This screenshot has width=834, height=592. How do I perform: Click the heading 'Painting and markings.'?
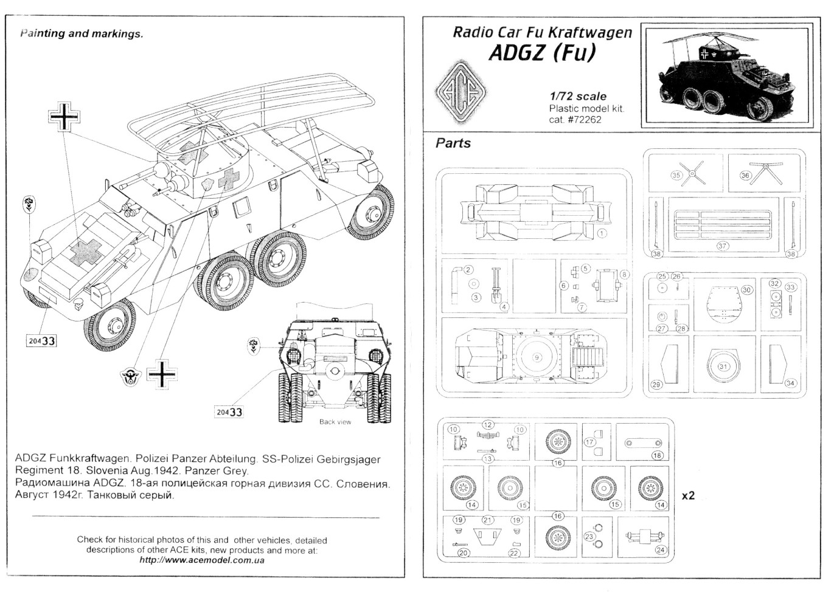pos(82,33)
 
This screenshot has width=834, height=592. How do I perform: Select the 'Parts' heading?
pos(453,143)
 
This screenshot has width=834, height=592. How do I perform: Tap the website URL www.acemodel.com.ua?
pos(201,560)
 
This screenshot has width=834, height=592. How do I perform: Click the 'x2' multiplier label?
pos(688,496)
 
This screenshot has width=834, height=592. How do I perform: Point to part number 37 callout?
pos(722,246)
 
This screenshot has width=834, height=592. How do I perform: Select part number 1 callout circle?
pos(602,233)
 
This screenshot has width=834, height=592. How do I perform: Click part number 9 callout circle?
pos(537,357)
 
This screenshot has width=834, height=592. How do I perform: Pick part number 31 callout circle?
pos(724,367)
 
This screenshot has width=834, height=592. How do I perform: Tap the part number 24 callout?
pos(661,550)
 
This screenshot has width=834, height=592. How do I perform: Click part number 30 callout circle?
pos(747,290)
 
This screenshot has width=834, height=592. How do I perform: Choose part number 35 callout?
pos(676,175)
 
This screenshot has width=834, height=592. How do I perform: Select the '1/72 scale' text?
pos(577,96)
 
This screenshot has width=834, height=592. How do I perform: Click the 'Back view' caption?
pos(335,422)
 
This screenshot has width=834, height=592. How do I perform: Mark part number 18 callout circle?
pos(657,455)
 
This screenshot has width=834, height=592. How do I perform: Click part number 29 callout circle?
pos(656,384)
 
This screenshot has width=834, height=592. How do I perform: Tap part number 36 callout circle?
pos(746,175)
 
